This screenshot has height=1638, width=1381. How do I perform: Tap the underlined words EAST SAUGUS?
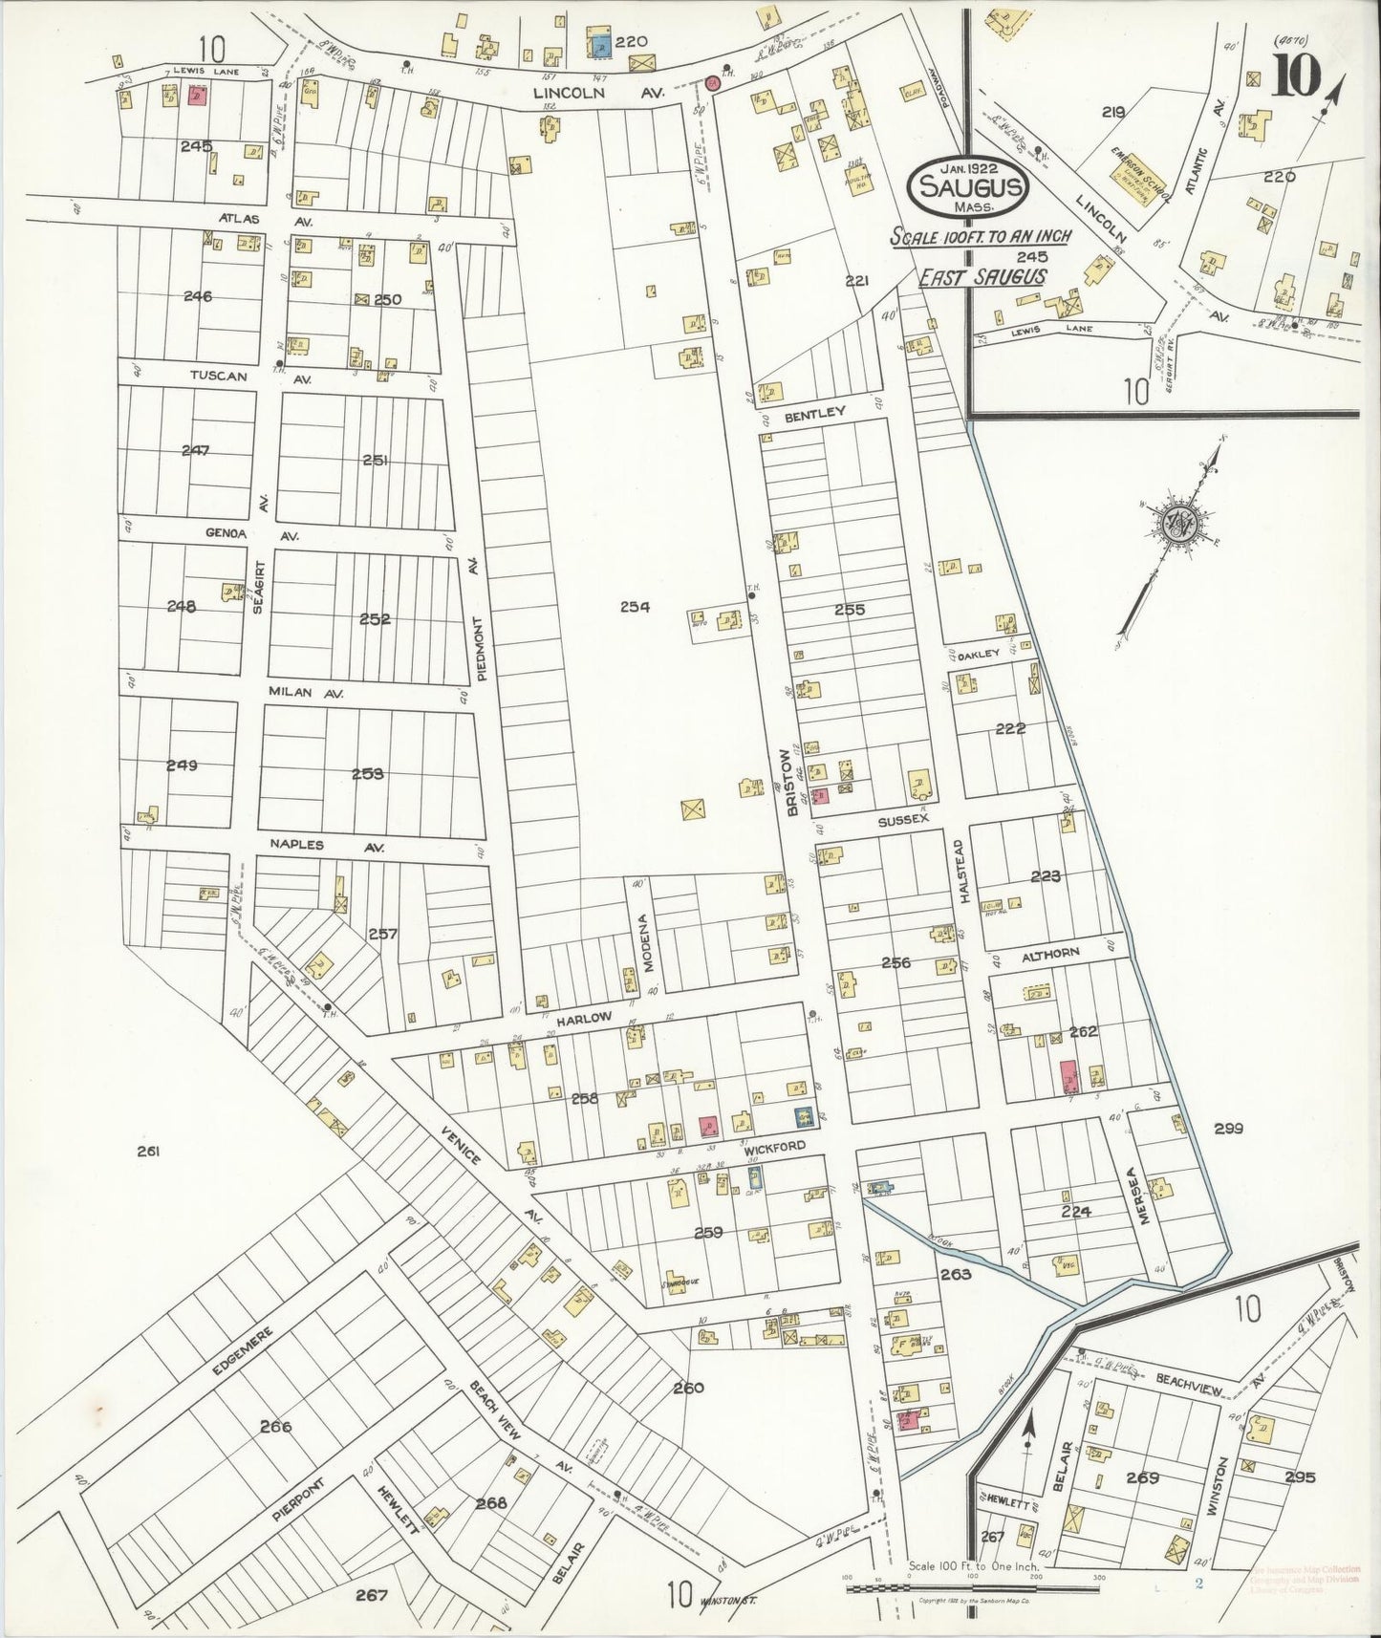click(x=982, y=277)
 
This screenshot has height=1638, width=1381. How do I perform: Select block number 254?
click(x=635, y=606)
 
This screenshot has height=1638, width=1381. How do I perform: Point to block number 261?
click(x=146, y=1153)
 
